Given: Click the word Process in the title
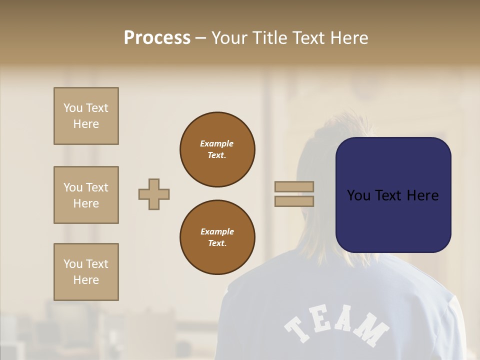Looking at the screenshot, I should (157, 38).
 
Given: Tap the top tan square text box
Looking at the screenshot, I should (86, 116).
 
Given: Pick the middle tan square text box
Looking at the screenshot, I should (86, 195).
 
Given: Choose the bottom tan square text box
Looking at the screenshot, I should (86, 272).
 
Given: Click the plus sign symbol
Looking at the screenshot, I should (154, 194).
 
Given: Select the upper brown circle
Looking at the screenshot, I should (217, 149).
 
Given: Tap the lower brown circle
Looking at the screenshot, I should (217, 237).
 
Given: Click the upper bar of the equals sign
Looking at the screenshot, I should (294, 186).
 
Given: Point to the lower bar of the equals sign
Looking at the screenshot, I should (294, 201).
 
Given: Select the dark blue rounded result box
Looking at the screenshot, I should (393, 195).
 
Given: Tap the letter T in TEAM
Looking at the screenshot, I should (298, 328).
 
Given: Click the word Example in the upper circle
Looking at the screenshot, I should (216, 143).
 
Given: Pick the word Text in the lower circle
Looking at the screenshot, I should (217, 243).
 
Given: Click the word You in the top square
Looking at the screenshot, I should (72, 108).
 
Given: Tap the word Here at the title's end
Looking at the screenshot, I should (349, 38).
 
